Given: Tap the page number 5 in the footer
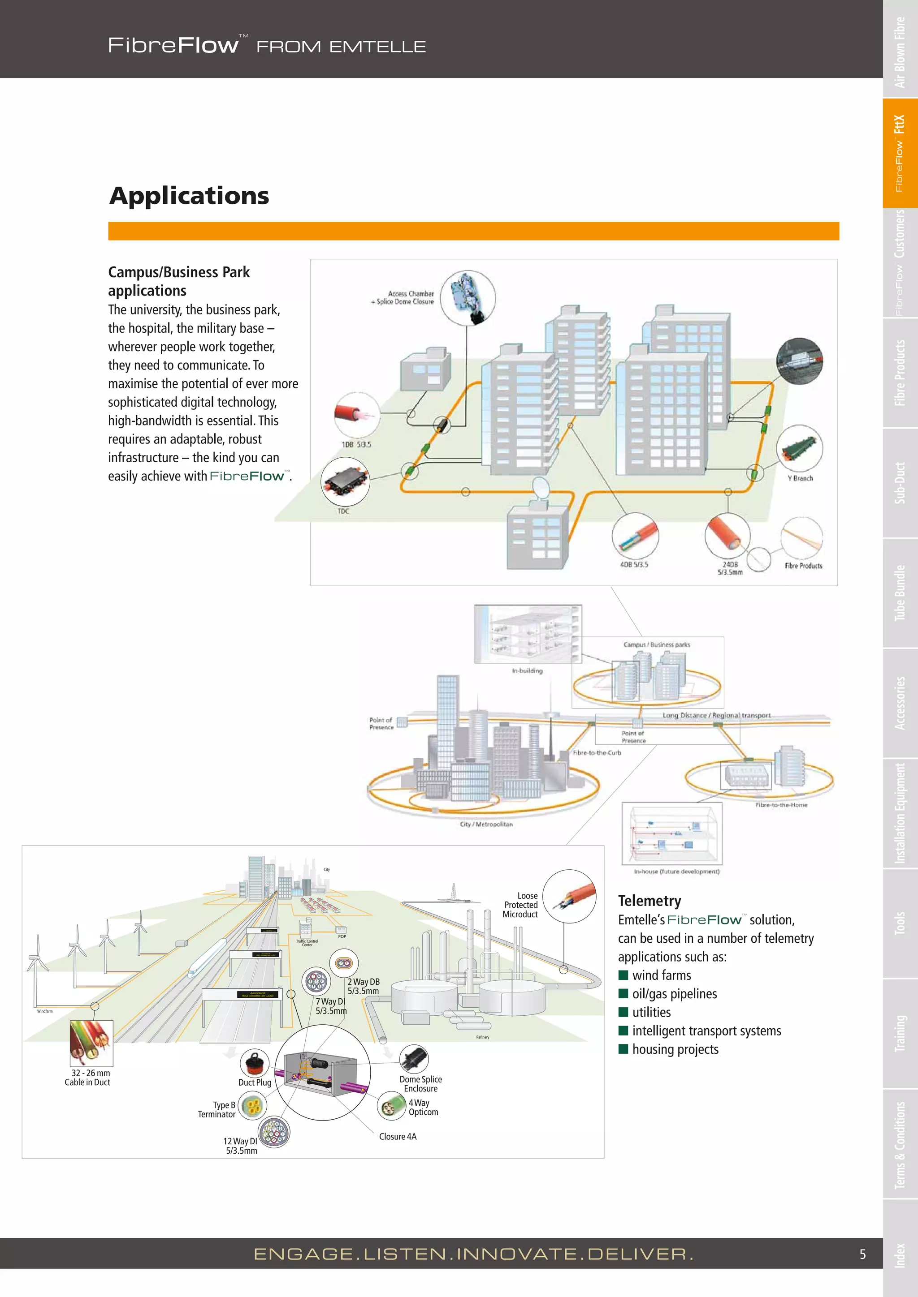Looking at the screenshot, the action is (x=862, y=1254).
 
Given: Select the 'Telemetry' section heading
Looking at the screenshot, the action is (x=649, y=901).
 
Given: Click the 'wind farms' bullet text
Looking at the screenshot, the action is (x=661, y=975).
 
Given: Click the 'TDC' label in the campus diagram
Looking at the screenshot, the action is (x=343, y=511).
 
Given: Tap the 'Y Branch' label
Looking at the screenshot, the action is (x=800, y=478).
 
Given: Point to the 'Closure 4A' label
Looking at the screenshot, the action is (x=398, y=1137).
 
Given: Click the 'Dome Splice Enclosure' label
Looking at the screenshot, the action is (x=420, y=1083).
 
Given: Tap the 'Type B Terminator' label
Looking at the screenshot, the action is (x=217, y=1109).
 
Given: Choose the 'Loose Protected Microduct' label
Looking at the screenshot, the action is (x=520, y=905).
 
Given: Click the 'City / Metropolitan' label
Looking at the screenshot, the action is (x=486, y=824).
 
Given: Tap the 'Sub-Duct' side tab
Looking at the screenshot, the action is (x=900, y=483).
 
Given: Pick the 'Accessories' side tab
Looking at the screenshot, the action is (x=900, y=703).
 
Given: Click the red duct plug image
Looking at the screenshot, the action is (x=254, y=1064).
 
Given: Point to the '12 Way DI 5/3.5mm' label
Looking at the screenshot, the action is (x=241, y=1146).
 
